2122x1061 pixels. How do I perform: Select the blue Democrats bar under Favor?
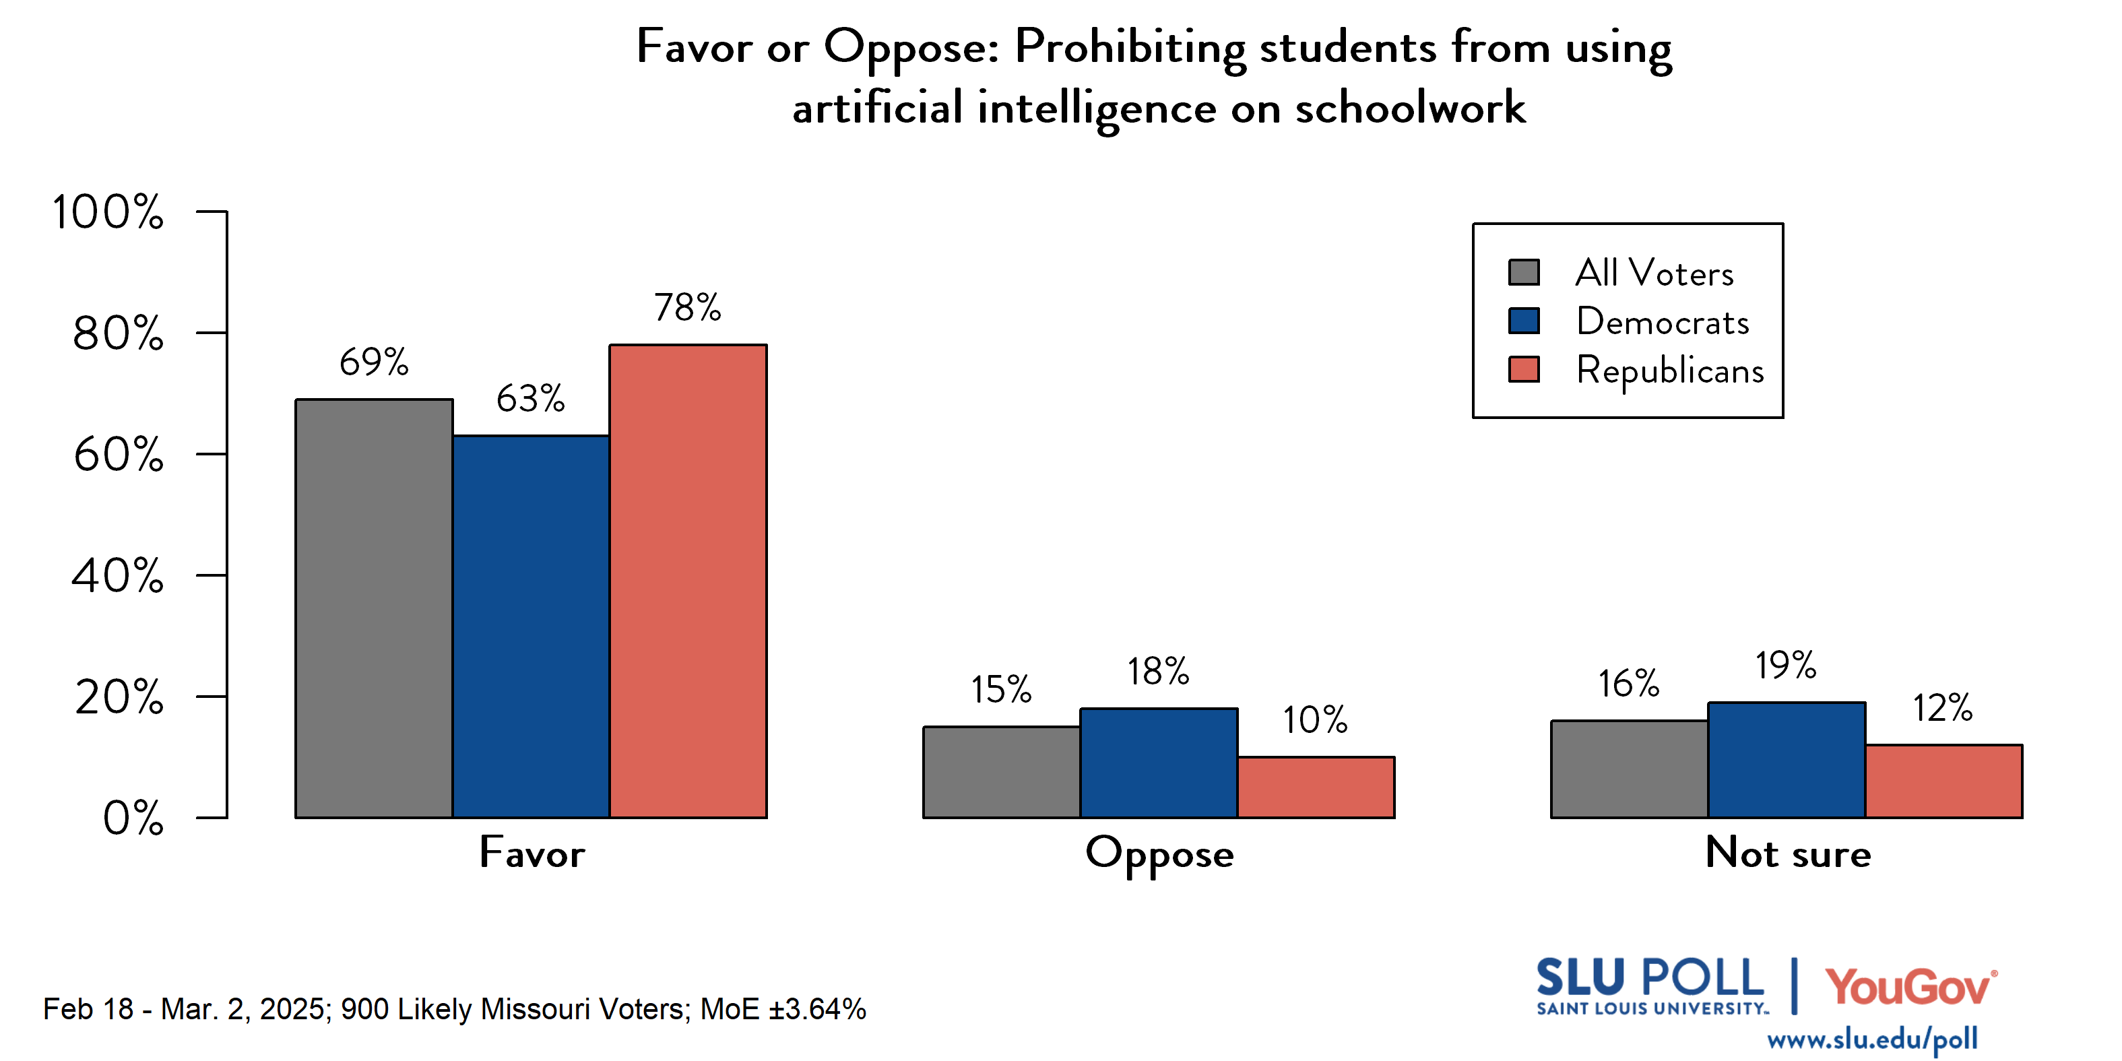[531, 626]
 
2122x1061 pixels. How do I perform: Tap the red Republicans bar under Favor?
[688, 581]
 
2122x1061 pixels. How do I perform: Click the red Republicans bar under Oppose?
[1316, 787]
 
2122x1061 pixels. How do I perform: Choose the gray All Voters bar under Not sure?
[1629, 769]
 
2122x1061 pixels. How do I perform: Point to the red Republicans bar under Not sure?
[1943, 781]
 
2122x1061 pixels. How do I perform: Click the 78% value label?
[688, 307]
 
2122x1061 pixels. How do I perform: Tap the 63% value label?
[531, 399]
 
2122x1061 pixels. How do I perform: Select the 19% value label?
[1785, 665]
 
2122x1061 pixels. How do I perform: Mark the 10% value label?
[1315, 720]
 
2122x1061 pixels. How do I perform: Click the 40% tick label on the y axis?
[118, 575]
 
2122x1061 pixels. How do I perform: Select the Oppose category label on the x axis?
[1159, 854]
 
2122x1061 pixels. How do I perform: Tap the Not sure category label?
[1788, 853]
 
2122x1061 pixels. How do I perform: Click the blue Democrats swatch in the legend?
[1523, 321]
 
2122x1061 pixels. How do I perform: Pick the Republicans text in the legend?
[1670, 370]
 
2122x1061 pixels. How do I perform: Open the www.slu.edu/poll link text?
[1871, 1039]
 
